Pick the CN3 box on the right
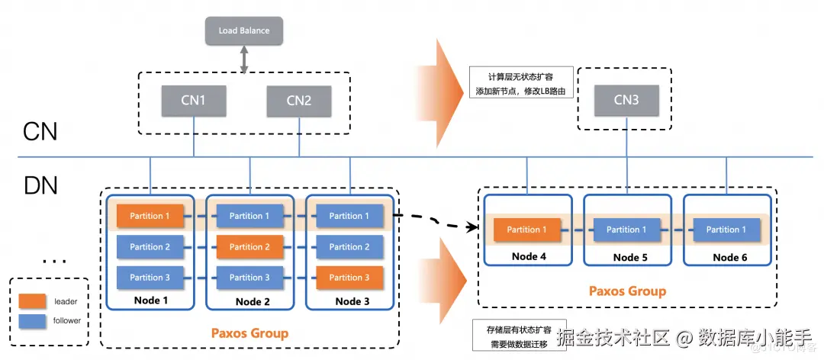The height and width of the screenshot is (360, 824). point(626,99)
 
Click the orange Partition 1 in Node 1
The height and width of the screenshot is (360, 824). point(150,216)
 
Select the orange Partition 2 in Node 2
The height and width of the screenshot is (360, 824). point(249,246)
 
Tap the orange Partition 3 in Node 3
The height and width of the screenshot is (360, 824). point(349,278)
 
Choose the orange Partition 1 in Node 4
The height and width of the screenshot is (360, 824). point(527,230)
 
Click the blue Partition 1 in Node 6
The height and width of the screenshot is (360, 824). point(727,230)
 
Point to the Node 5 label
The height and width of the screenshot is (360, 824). point(630,258)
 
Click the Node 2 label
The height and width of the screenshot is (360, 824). point(253,301)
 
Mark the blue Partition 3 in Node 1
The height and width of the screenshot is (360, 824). point(150,278)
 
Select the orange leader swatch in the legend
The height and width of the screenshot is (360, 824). point(31,301)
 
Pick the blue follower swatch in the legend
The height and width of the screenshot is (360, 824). point(31,320)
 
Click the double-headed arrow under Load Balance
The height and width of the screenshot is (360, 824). point(244,59)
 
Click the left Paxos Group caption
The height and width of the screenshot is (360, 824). point(249,333)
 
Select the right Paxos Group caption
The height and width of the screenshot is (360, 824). point(627,291)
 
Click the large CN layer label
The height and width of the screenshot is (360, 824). point(40,131)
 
